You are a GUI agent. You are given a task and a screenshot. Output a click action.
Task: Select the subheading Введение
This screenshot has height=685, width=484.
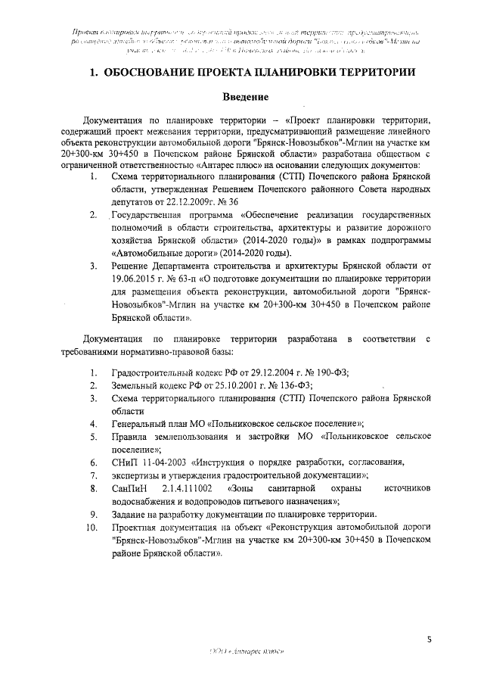(x=247, y=97)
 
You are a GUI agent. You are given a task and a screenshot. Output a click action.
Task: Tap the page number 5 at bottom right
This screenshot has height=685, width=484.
(x=429, y=640)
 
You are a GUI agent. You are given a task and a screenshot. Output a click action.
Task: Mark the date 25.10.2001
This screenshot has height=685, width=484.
(x=215, y=385)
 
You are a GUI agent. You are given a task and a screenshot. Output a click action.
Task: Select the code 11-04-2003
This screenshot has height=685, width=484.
(x=164, y=461)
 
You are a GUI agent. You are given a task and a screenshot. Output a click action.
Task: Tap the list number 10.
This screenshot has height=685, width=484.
(x=92, y=526)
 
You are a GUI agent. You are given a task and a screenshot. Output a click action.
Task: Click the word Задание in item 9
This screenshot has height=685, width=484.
(x=129, y=513)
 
